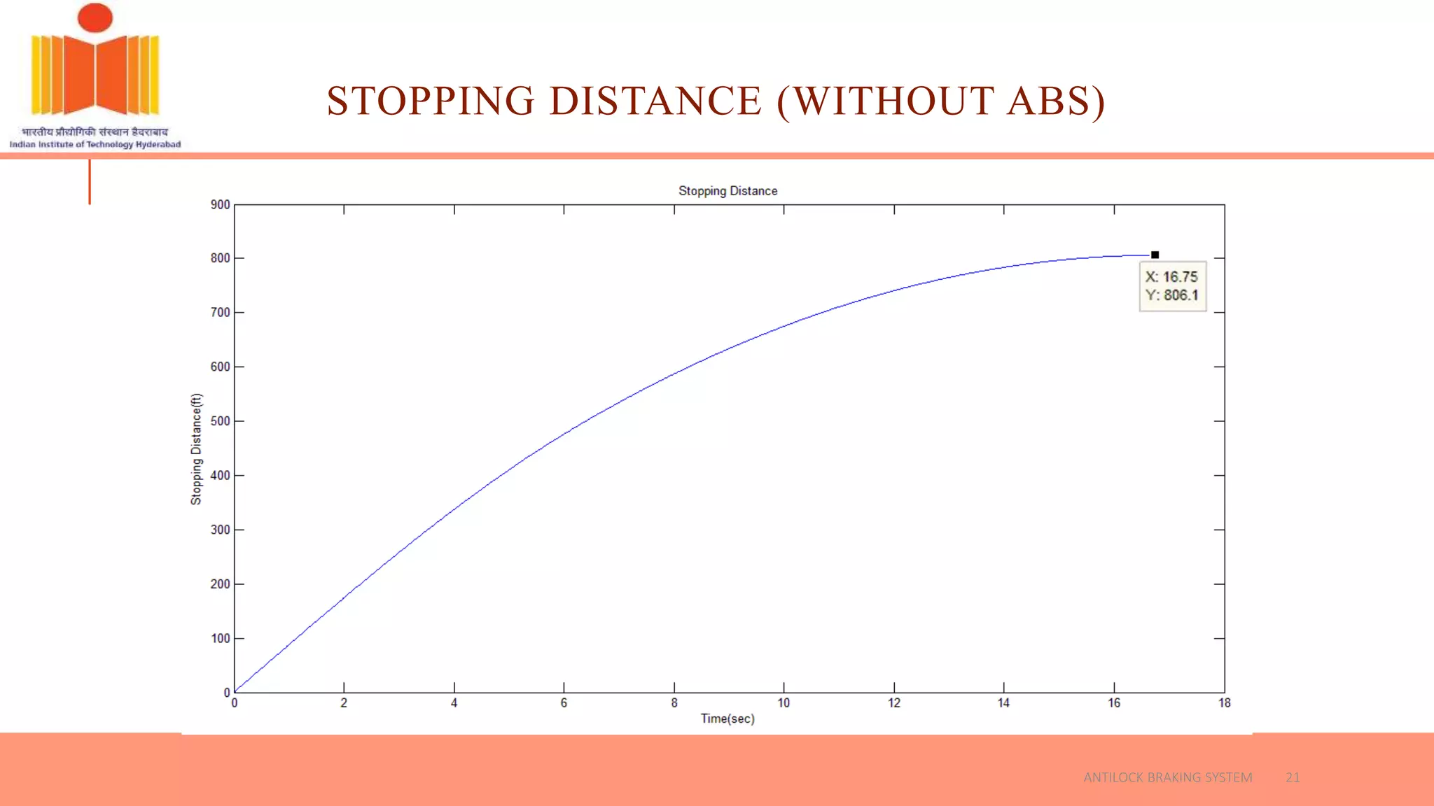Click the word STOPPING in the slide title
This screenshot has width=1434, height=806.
click(431, 101)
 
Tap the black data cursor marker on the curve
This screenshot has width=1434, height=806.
click(1155, 255)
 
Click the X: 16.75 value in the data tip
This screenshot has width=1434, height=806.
click(1171, 277)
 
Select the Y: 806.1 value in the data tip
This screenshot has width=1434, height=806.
click(1171, 295)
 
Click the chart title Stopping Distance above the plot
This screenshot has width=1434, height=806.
click(728, 191)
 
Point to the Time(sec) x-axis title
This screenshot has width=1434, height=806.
click(728, 719)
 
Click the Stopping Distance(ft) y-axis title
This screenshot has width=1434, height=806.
click(196, 448)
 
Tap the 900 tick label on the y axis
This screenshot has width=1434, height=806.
click(220, 204)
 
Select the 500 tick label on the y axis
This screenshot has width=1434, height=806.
click(220, 421)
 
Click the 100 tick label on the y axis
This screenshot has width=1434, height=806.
click(220, 638)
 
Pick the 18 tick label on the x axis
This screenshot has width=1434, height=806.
click(1224, 703)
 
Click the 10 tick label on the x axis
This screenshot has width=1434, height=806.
click(784, 703)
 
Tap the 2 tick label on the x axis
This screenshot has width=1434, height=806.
click(344, 703)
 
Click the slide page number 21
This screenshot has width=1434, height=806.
click(1293, 777)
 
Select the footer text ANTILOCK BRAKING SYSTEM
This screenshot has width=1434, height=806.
click(1167, 777)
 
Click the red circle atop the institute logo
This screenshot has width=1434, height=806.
click(95, 17)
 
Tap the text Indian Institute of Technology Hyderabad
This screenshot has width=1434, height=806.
click(95, 144)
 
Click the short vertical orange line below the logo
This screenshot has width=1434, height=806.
click(90, 182)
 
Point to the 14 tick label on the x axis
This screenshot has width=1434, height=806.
click(1003, 703)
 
